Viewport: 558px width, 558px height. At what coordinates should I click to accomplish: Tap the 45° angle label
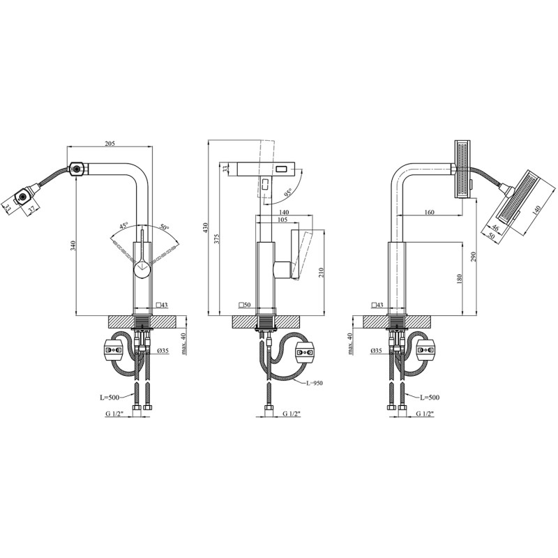tap(123, 226)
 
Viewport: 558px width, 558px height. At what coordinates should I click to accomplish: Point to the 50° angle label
tap(164, 227)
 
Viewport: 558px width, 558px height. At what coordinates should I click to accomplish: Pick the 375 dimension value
tap(217, 239)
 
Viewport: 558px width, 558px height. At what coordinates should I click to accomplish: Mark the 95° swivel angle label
tap(287, 190)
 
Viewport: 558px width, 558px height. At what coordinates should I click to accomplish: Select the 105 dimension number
tap(282, 220)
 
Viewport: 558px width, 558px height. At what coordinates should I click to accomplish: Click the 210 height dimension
tap(321, 272)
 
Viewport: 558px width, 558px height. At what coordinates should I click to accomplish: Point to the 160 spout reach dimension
tap(428, 213)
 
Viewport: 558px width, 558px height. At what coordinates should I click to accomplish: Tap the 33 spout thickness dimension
tap(225, 168)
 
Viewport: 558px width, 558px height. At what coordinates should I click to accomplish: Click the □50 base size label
tap(245, 305)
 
